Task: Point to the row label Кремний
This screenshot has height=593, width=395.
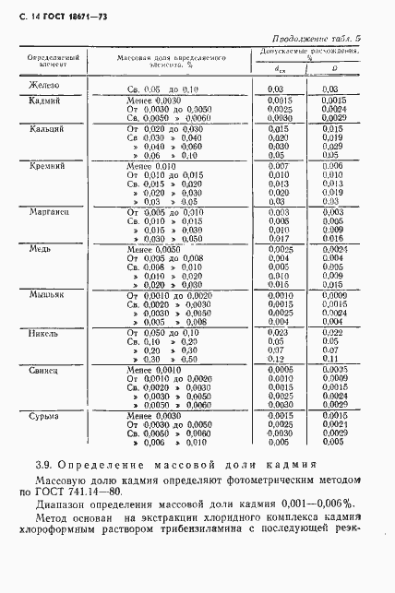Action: [x=46, y=165]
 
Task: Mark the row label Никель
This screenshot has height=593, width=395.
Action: [x=43, y=329]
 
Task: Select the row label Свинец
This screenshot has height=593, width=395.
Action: [x=44, y=367]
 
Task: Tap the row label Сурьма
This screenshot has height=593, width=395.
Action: [x=43, y=415]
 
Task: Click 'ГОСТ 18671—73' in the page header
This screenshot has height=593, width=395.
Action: [x=67, y=17]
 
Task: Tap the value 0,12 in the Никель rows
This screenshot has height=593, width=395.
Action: [x=275, y=358]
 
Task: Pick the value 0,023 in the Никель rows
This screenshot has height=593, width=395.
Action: [x=276, y=330]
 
